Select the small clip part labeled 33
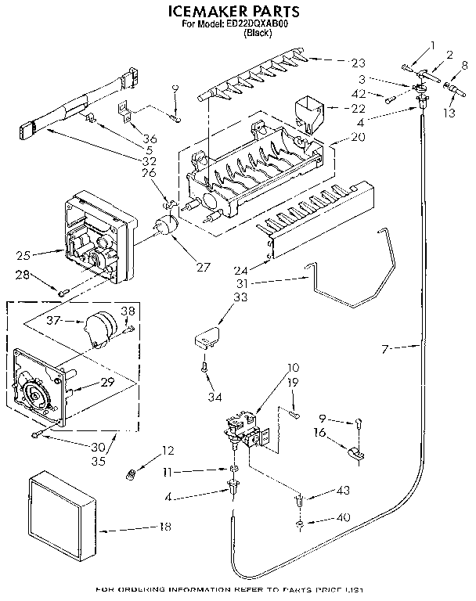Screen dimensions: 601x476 pos(205,337)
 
